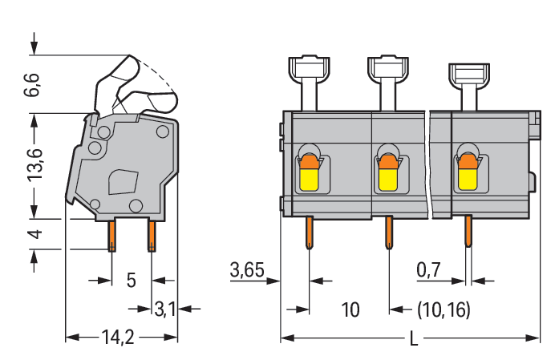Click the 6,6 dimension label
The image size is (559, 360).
point(33,83)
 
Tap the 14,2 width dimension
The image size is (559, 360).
point(118,338)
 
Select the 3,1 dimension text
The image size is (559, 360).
point(165,308)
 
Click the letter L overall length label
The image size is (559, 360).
point(414,338)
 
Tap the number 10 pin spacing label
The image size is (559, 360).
point(350,309)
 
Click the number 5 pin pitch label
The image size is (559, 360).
point(132,281)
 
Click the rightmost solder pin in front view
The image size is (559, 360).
point(468,233)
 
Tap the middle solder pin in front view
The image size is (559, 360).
point(387,234)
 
